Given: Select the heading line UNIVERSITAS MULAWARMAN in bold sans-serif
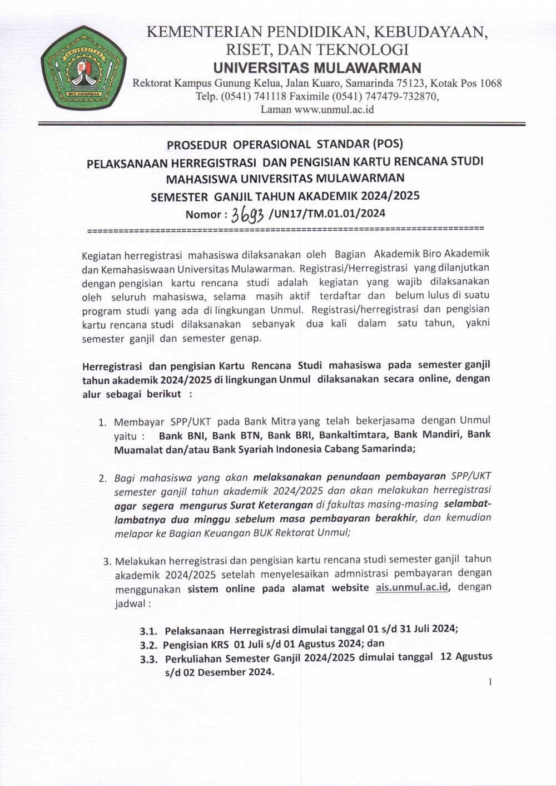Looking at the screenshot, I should (317, 68).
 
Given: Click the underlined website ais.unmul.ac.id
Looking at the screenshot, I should (412, 587).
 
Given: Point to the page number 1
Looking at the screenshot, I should (490, 683).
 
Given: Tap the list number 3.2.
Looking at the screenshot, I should (149, 645).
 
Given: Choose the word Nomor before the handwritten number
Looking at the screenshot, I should (203, 215).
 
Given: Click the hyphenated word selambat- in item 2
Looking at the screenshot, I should (468, 505).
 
